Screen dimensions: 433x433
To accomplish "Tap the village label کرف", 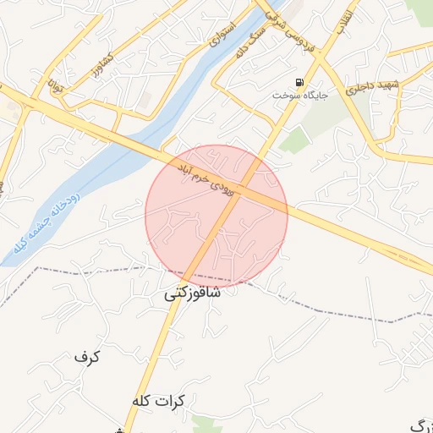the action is pyautogui.click(x=87, y=357).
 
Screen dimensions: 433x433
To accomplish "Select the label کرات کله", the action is pyautogui.click(x=163, y=400).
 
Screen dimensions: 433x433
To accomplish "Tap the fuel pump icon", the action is pyautogui.click(x=300, y=82).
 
